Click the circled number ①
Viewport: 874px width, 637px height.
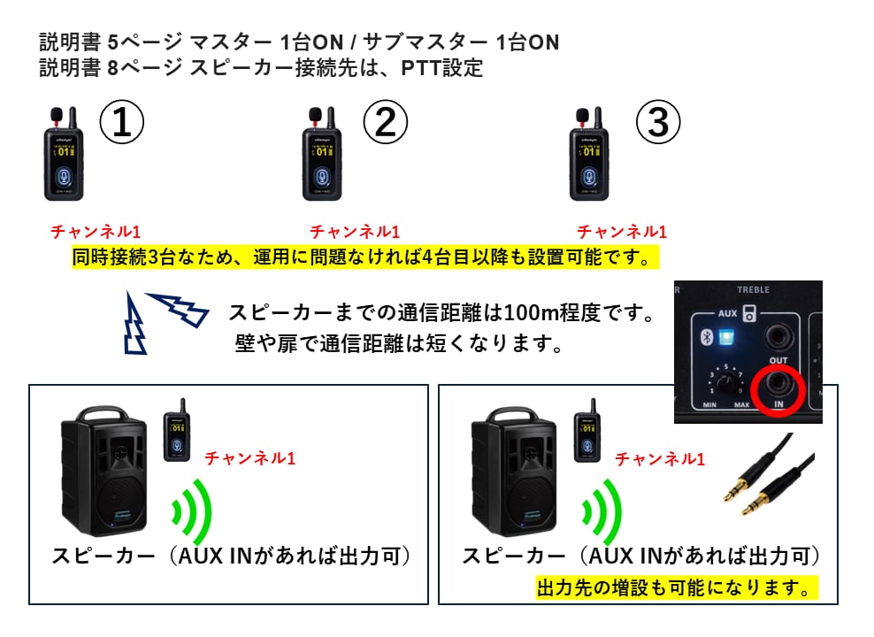point(121,123)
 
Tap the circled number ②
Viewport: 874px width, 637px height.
point(385,123)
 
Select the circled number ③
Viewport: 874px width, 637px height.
point(659,123)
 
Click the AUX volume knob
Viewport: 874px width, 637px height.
point(727,383)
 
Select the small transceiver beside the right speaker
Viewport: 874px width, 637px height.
point(584,434)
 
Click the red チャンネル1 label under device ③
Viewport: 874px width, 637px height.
point(622,232)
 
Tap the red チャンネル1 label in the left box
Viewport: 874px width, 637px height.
point(249,458)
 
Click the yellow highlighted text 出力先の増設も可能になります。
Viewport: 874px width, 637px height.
point(676,587)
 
